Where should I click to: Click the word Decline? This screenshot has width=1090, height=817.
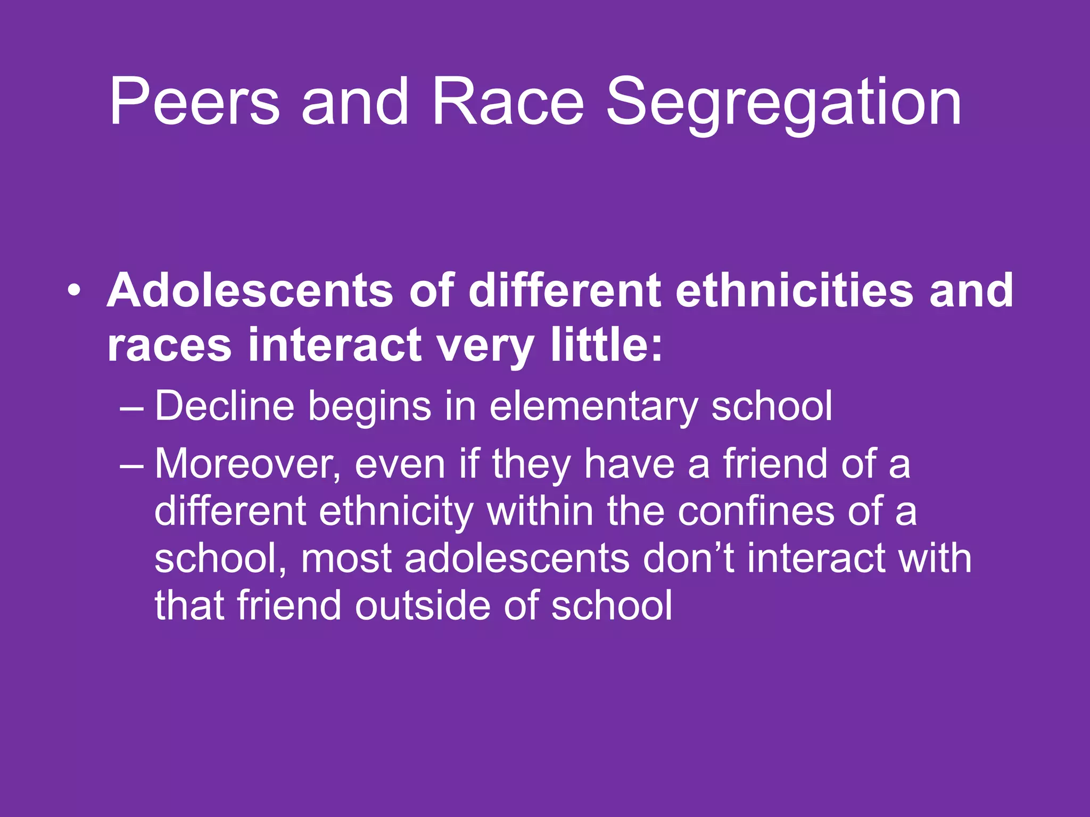224,406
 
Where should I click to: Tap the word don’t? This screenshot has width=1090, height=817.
688,558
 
